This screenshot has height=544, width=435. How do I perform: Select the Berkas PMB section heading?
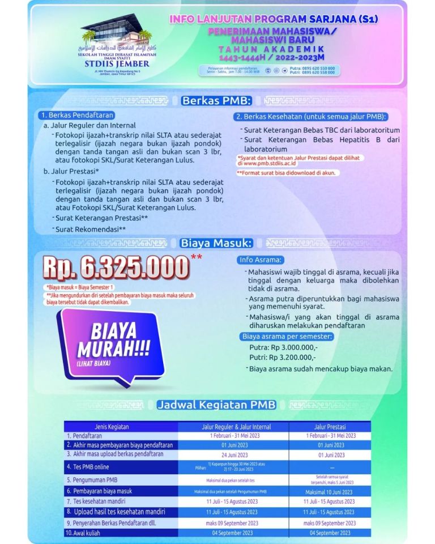pos(216,101)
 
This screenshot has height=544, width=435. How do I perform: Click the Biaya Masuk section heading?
pos(216,243)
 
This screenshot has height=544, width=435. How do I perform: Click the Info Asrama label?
pos(261,261)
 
